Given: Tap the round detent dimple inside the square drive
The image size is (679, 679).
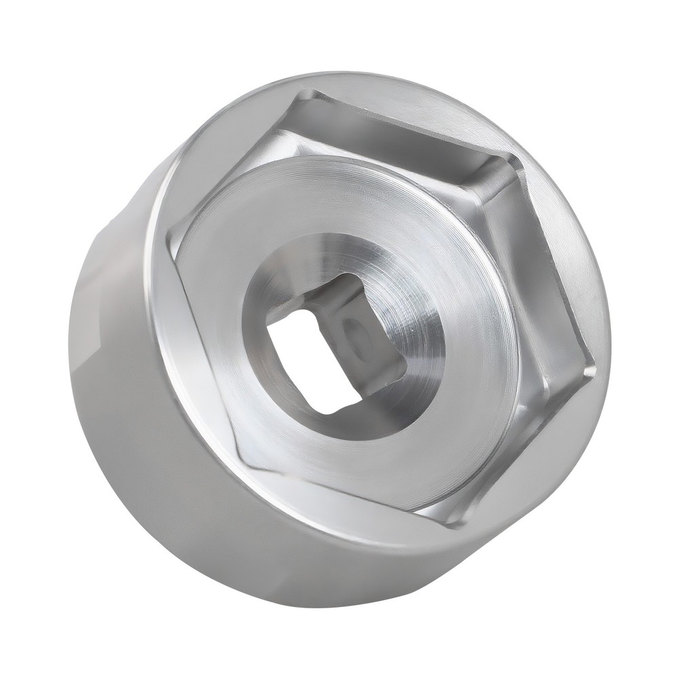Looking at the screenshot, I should click(353, 333).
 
